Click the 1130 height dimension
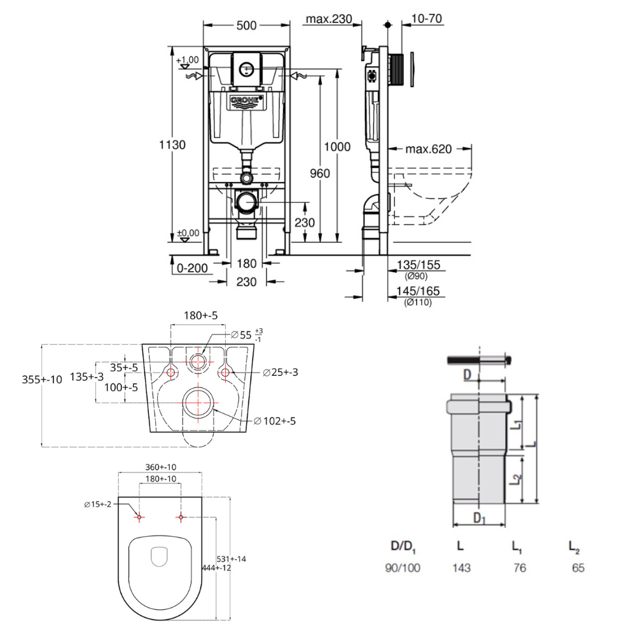point(172,145)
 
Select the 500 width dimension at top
point(246,25)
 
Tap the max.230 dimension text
point(328,19)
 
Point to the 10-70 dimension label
point(427,19)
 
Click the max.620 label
point(429,150)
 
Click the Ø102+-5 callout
point(275,420)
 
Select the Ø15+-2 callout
point(97,504)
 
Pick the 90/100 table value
point(403,568)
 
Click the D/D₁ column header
point(403,546)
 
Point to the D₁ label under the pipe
point(479,518)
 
